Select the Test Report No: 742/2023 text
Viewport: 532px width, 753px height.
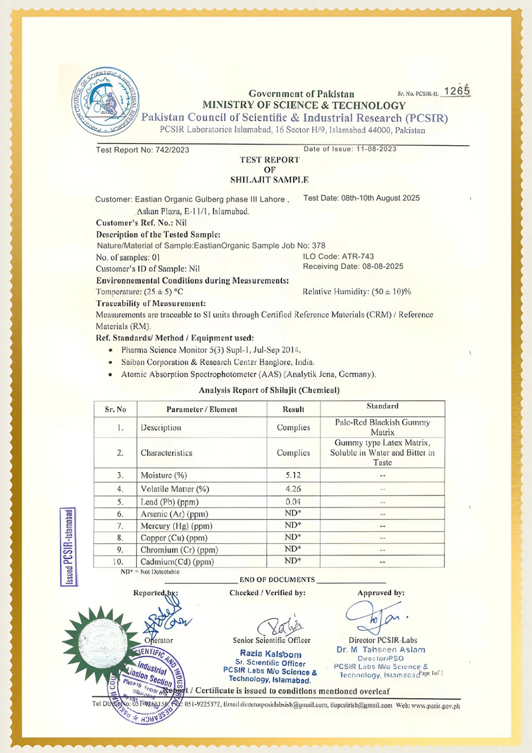[142, 150]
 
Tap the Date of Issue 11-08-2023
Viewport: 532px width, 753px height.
[350, 149]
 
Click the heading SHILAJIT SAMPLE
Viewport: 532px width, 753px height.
[269, 180]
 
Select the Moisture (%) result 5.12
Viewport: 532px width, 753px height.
[293, 475]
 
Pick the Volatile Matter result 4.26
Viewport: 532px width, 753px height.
[293, 489]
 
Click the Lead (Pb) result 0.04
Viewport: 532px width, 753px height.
[293, 501]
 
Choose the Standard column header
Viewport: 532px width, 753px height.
[382, 406]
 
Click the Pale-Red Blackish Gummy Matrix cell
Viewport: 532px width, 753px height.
[382, 427]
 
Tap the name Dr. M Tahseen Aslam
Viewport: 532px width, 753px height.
[381, 650]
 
